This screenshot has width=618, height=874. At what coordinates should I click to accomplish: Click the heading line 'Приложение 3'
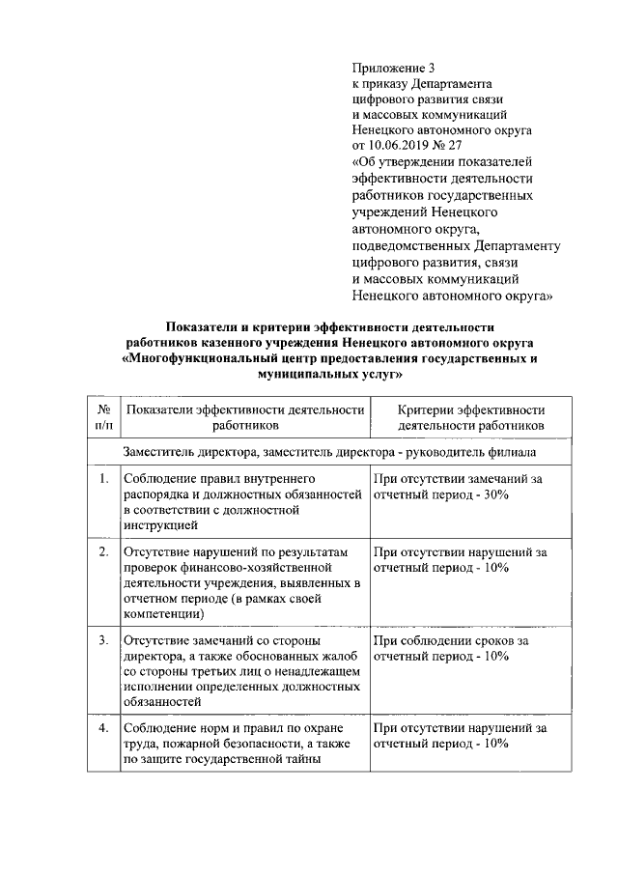(x=395, y=68)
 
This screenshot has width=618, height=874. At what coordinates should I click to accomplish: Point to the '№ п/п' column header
(x=102, y=417)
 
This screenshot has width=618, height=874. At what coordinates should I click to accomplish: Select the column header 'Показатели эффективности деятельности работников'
(x=244, y=417)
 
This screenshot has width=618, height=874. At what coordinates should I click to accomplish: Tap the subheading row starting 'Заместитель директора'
(x=329, y=452)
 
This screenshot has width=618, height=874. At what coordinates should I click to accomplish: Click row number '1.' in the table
(x=102, y=478)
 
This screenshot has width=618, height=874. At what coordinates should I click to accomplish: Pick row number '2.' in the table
(x=102, y=552)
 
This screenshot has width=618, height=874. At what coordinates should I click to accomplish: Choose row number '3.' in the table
(x=102, y=640)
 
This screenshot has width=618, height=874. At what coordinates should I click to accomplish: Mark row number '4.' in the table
(x=102, y=728)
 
